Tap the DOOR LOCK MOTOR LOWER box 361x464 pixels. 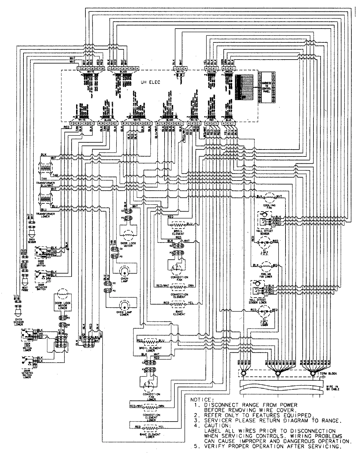point(63,305)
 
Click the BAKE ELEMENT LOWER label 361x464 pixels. point(152,436)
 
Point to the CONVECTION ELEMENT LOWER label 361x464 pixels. point(152,416)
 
